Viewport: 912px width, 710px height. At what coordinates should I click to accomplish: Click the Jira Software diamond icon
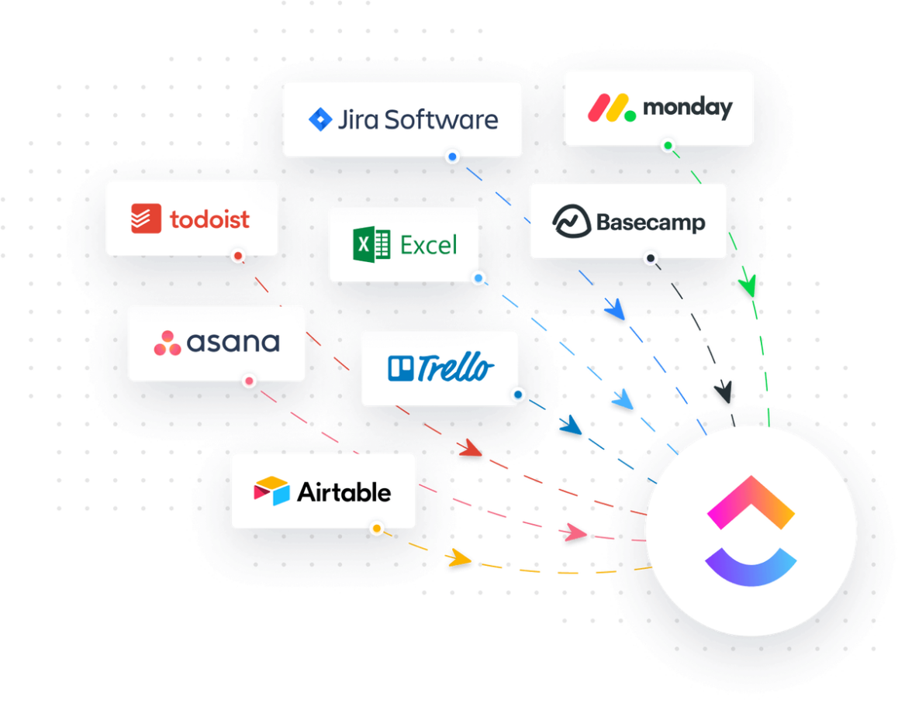[320, 119]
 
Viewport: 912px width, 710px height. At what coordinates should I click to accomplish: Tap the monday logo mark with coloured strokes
[610, 108]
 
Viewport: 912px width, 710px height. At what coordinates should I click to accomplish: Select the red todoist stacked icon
[146, 219]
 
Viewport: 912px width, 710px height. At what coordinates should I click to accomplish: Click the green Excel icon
[371, 245]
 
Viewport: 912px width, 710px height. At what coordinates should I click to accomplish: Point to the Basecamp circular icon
[572, 222]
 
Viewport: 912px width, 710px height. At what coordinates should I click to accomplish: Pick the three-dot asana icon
[167, 343]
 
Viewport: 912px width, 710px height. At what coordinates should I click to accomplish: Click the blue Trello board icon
[402, 368]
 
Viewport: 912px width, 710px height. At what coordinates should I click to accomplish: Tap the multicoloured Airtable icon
[271, 491]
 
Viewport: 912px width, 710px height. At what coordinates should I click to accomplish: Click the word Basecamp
[651, 223]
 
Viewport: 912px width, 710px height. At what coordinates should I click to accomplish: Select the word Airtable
[344, 492]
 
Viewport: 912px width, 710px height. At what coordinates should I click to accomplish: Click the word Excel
[429, 246]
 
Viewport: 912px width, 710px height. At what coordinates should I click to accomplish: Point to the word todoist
[209, 219]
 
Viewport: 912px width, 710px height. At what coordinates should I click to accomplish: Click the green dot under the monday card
[668, 146]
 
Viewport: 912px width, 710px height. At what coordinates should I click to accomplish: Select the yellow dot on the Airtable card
[376, 529]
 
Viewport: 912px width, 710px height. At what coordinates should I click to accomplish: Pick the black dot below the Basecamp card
[651, 258]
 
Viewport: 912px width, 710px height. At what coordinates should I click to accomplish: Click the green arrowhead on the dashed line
[748, 287]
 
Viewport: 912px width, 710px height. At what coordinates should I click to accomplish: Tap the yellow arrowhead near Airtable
[460, 557]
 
